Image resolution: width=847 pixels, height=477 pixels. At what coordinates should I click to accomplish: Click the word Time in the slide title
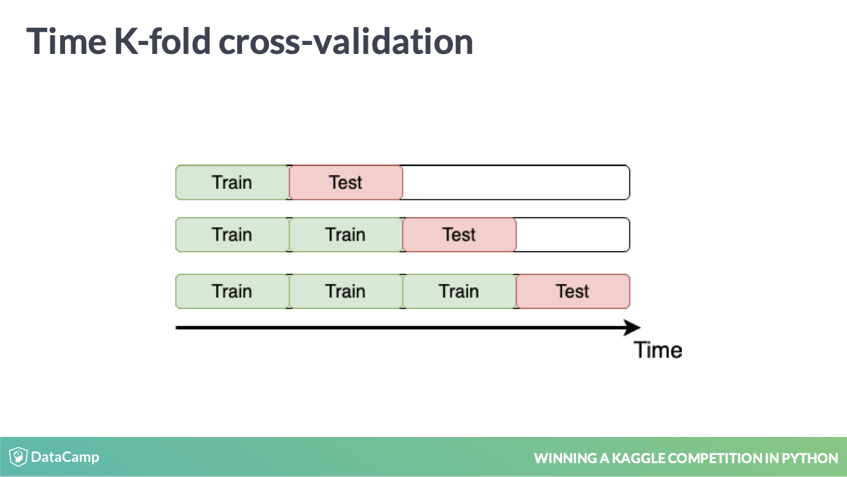[66, 41]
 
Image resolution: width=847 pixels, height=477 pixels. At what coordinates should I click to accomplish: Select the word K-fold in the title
[162, 41]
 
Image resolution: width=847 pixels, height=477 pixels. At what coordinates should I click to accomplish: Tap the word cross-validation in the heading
[346, 41]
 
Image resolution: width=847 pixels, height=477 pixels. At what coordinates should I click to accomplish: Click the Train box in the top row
[232, 183]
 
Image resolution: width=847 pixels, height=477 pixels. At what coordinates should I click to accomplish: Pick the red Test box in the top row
[346, 183]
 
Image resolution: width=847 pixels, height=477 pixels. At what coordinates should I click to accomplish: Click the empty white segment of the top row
[516, 183]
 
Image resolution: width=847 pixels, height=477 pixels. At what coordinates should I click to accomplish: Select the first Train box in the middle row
[232, 234]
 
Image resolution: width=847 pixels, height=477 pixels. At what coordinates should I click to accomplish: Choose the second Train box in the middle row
[346, 234]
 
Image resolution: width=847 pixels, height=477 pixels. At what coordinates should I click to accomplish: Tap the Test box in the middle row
[459, 234]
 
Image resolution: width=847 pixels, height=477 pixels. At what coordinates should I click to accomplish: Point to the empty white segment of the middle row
[573, 234]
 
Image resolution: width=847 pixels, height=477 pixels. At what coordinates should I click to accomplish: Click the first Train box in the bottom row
[232, 291]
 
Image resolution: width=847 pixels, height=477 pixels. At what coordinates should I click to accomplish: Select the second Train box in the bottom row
[346, 291]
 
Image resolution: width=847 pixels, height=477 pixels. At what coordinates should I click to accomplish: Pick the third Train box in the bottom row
[459, 291]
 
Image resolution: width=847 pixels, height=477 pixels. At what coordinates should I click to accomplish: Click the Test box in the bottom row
[573, 291]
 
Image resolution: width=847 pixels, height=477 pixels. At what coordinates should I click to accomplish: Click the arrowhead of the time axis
[632, 327]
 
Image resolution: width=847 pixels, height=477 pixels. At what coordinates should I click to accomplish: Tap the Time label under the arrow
[658, 350]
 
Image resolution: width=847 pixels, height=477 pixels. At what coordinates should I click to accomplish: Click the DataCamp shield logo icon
[18, 456]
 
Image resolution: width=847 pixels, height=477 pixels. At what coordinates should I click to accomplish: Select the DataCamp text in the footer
[65, 457]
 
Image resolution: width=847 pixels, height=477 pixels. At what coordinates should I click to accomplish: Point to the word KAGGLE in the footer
[639, 458]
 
